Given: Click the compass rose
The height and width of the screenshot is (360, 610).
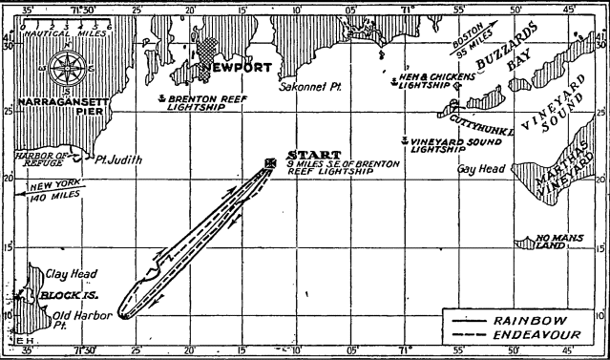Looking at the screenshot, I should pos(66,68).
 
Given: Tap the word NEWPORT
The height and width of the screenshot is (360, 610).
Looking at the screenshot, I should pos(235,68).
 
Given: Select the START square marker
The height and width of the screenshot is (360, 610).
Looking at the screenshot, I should pos(271,162).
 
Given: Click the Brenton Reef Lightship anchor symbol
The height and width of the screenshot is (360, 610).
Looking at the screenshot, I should pos(163,98).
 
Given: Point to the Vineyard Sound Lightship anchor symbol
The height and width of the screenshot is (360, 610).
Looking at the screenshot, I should pos(405,141).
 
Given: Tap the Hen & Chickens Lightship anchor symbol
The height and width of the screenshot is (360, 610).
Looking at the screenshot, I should pos(392,75).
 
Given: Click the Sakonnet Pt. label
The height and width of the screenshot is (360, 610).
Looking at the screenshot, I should pos(303,84).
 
